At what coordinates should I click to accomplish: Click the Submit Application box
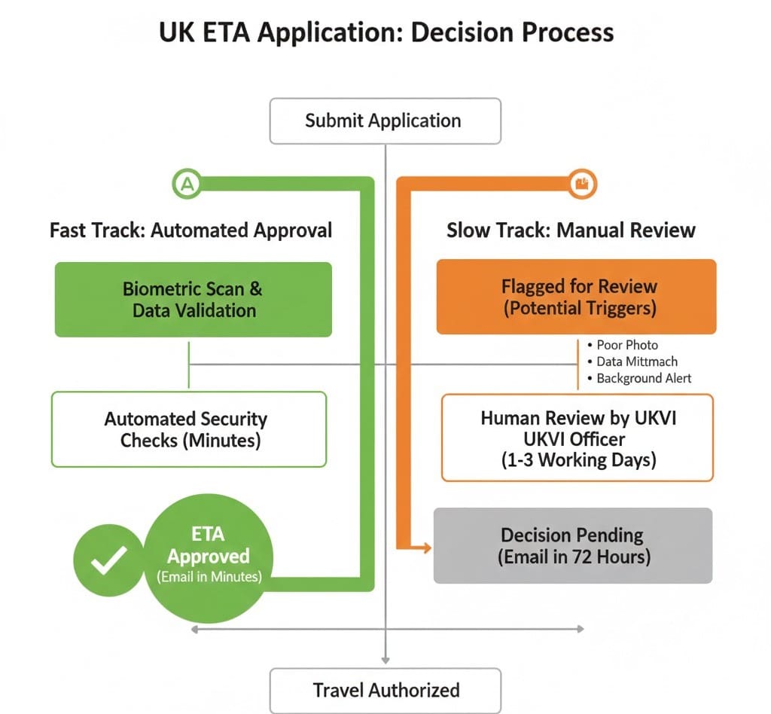pyautogui.click(x=385, y=121)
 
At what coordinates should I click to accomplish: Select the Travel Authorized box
pyautogui.click(x=385, y=690)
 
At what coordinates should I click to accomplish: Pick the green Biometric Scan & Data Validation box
pyautogui.click(x=194, y=299)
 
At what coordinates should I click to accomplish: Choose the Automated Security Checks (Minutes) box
pyautogui.click(x=189, y=429)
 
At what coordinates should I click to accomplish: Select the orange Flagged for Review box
pyautogui.click(x=577, y=297)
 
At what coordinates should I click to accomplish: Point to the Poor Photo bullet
pyautogui.click(x=626, y=345)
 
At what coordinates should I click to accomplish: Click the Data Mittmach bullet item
pyautogui.click(x=636, y=362)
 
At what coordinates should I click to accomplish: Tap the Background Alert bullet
pyautogui.click(x=643, y=378)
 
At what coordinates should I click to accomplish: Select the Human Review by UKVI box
pyautogui.click(x=577, y=438)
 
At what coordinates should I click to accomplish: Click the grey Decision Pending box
pyautogui.click(x=573, y=546)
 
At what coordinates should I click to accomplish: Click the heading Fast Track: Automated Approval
pyautogui.click(x=190, y=230)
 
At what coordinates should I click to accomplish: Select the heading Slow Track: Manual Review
pyautogui.click(x=571, y=230)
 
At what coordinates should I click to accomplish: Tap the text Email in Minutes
pyautogui.click(x=209, y=577)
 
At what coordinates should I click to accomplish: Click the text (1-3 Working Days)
pyautogui.click(x=578, y=460)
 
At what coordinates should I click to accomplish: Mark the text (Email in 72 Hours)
pyautogui.click(x=573, y=557)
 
